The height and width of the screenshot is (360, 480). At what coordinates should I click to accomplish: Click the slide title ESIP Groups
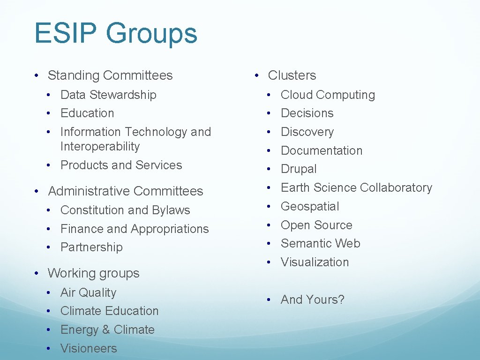(116, 34)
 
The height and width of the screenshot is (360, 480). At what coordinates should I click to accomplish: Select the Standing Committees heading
(110, 75)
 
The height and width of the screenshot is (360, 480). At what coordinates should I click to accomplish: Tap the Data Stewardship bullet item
(108, 95)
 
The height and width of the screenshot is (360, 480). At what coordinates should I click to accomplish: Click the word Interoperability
(100, 146)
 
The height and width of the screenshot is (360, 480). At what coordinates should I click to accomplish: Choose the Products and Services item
(121, 165)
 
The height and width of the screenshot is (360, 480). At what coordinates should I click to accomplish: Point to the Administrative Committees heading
(125, 191)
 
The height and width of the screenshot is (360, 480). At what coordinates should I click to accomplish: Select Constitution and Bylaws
(125, 210)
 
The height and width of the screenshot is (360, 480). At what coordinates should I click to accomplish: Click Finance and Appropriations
(135, 229)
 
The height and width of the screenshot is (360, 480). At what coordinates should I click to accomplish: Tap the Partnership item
(91, 247)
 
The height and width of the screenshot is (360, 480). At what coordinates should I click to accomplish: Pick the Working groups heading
(93, 273)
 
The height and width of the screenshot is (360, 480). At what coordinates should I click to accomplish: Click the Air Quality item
(88, 292)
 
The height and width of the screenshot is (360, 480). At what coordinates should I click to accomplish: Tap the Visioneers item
(89, 348)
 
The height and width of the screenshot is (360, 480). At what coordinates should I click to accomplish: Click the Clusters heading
(292, 75)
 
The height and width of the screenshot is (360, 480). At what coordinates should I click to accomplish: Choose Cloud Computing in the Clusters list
(328, 95)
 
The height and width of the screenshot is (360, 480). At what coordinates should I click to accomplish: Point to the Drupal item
(299, 169)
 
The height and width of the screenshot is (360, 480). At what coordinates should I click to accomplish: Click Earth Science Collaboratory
(356, 187)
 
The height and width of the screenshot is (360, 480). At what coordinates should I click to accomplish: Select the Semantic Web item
(320, 243)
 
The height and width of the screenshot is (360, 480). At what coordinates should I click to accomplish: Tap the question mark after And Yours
(341, 300)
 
